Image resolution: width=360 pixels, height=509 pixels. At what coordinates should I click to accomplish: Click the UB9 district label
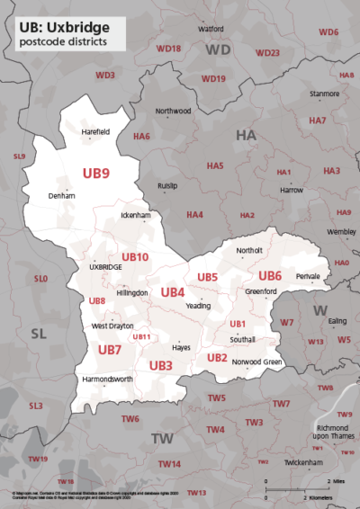(x=96, y=173)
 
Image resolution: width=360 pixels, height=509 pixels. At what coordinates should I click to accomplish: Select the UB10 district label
(x=135, y=257)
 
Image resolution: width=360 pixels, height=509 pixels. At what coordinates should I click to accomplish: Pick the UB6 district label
(x=270, y=275)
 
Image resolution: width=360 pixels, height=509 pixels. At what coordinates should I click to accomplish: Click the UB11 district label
(x=141, y=337)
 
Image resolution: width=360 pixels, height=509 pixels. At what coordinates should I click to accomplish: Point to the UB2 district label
(x=217, y=357)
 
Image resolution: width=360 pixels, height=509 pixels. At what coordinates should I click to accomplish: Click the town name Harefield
(x=94, y=131)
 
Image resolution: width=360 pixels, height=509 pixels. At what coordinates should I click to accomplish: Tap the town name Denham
(x=61, y=195)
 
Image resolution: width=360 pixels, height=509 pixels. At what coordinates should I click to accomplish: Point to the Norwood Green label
(x=257, y=362)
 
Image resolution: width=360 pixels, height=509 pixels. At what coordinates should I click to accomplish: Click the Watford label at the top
(x=211, y=29)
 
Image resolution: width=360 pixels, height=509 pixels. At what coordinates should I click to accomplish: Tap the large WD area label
(x=219, y=50)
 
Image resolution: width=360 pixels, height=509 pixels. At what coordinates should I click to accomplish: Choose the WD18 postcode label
(x=168, y=48)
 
